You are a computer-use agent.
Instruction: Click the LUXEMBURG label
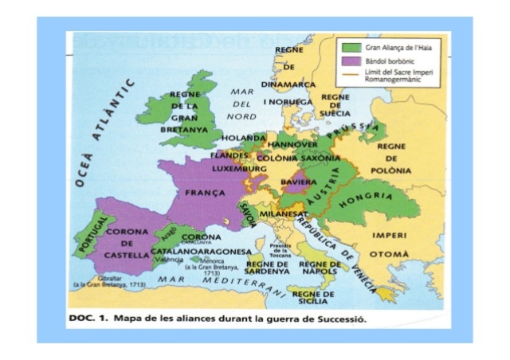239,170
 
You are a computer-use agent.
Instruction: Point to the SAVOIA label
248,212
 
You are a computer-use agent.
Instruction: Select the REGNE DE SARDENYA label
268,268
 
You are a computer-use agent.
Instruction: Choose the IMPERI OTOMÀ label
390,244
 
